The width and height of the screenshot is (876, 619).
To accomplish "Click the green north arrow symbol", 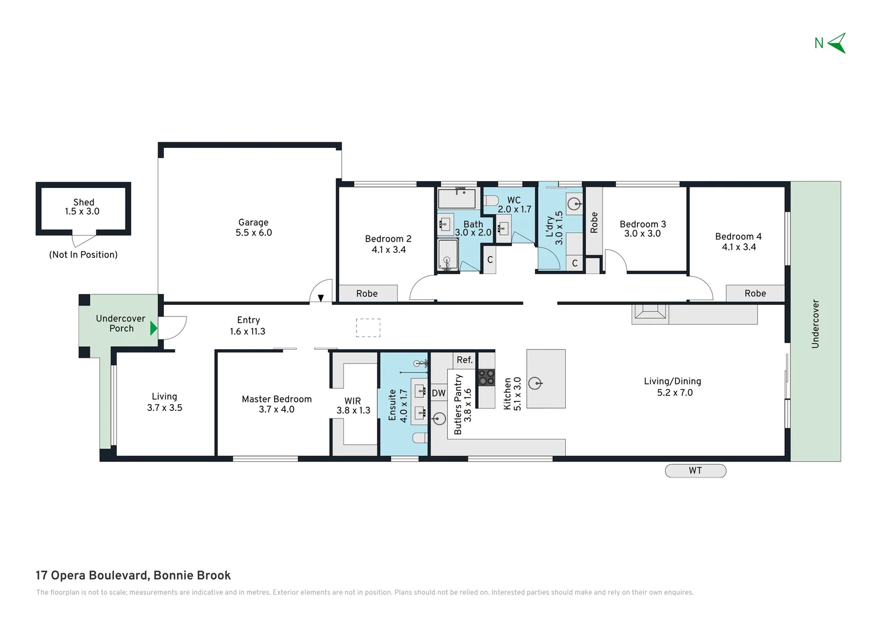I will [x=837, y=43].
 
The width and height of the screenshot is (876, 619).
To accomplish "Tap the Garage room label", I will [x=253, y=222].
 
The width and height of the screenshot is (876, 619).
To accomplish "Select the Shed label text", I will [x=84, y=202].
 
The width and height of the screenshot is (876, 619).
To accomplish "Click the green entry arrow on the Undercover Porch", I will [x=153, y=328].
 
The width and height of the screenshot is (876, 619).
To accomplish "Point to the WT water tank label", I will [x=695, y=471].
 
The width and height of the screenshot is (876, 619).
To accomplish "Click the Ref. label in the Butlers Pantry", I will [x=464, y=360].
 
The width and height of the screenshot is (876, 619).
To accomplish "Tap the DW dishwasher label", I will [x=439, y=393].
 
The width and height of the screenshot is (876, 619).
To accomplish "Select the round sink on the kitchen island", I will [x=535, y=383].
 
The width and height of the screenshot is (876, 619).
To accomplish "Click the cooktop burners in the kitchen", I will [x=487, y=377].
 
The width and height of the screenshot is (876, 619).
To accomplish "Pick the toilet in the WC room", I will [x=490, y=201].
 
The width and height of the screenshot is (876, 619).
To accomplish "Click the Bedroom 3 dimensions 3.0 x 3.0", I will [x=642, y=234].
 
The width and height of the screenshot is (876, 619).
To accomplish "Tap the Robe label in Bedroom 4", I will [x=755, y=293].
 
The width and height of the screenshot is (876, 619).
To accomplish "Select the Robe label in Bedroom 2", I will [x=367, y=293].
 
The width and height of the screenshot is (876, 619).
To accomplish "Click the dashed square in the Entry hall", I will [x=368, y=327].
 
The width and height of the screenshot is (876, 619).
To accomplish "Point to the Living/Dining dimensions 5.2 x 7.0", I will [x=675, y=393].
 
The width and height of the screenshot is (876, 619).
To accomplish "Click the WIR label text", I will [x=353, y=401].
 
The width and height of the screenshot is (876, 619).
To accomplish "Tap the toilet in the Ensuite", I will [x=420, y=438].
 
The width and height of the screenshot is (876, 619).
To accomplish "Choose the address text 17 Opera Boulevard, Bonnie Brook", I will [x=133, y=575].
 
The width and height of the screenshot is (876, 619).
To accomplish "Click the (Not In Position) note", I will [x=83, y=254].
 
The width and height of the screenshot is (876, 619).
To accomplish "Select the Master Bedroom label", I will [x=276, y=399].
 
